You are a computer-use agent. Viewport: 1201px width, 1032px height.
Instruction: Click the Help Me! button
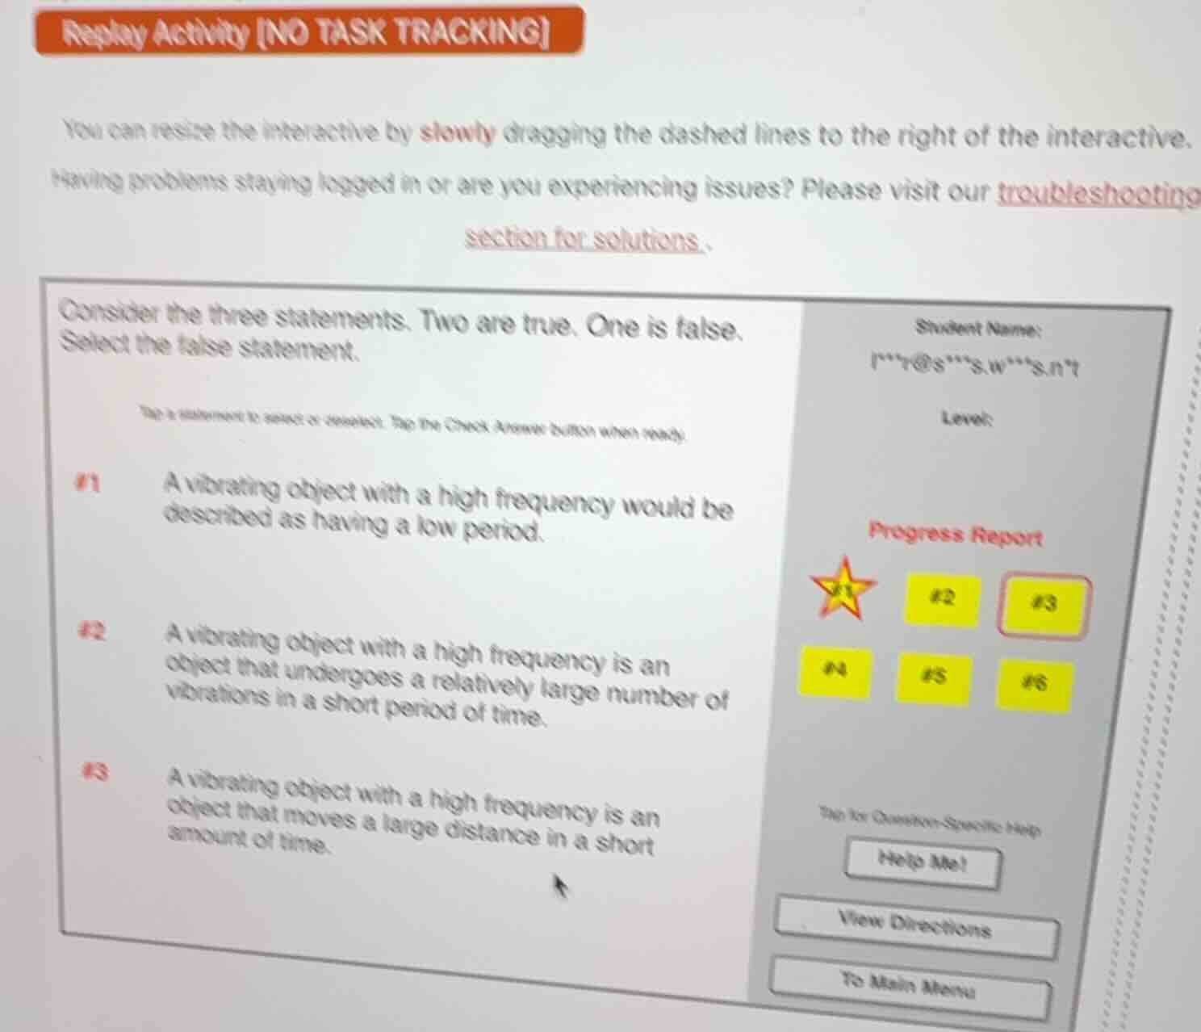click(x=922, y=862)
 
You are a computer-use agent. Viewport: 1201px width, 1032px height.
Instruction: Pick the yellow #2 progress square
click(x=942, y=599)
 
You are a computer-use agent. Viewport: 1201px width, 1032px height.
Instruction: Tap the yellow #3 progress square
click(x=1044, y=604)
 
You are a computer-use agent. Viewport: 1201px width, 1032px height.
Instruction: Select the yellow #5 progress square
click(x=934, y=678)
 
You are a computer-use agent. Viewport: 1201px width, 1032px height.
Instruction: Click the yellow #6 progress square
click(x=1034, y=685)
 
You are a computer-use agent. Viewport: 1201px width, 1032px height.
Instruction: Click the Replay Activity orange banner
click(x=308, y=31)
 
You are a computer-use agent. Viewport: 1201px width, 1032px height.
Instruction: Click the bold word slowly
click(x=458, y=132)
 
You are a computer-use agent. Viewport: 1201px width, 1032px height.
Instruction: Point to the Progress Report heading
click(x=956, y=535)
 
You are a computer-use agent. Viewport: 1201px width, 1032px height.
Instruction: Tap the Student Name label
click(x=979, y=329)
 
